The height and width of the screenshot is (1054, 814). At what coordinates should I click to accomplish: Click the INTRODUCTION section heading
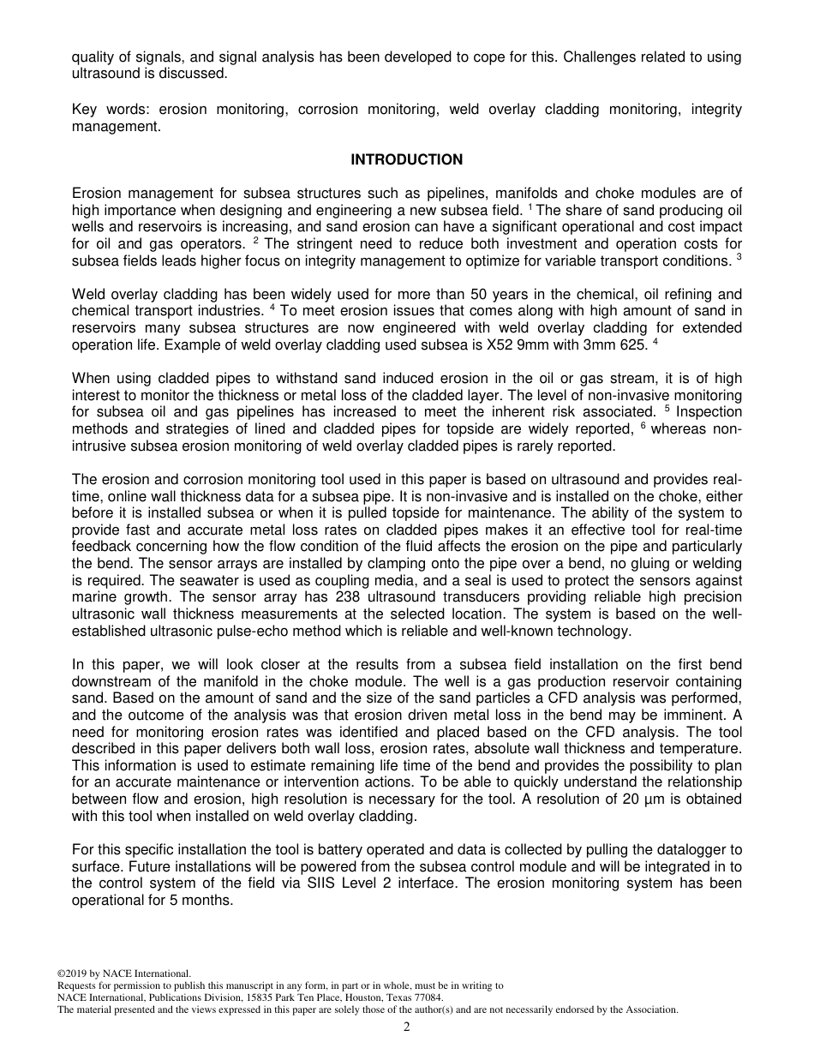(406, 159)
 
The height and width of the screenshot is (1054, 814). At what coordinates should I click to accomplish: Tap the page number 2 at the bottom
(407, 1027)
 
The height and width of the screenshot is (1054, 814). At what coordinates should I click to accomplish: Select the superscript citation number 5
(667, 409)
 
